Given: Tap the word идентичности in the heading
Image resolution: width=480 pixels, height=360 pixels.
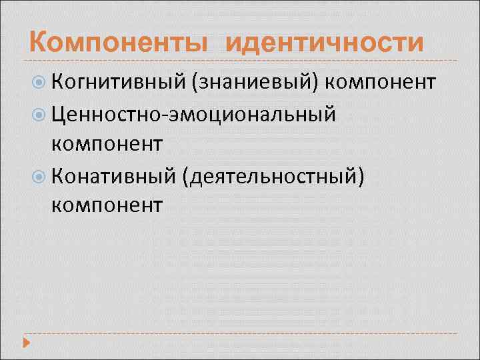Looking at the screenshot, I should pyautogui.click(x=325, y=43).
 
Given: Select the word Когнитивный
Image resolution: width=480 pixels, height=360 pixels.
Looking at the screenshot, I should pyautogui.click(x=117, y=82).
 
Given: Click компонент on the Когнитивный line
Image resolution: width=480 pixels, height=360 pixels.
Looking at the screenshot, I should pyautogui.click(x=382, y=83).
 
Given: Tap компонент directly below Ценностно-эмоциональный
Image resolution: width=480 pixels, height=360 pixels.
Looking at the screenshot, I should pyautogui.click(x=106, y=143).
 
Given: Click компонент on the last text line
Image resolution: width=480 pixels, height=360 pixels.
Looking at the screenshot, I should pyautogui.click(x=106, y=203).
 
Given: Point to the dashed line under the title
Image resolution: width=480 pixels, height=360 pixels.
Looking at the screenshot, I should pyautogui.click(x=240, y=61).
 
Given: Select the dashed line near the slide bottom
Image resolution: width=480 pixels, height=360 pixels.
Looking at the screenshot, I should pyautogui.click(x=240, y=333).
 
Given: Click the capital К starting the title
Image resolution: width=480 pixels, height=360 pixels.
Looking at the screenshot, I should pyautogui.click(x=39, y=43).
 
